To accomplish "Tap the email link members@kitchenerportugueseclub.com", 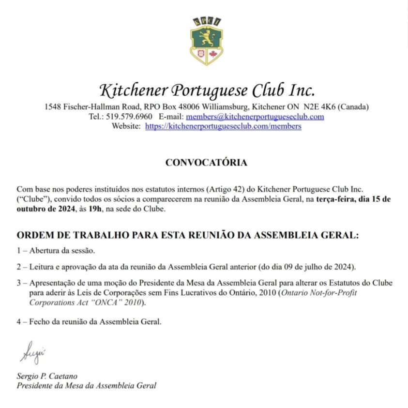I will tap(255, 117).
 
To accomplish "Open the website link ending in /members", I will tap(223, 126).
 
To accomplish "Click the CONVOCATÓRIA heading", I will tap(206, 163).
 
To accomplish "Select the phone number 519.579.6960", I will tap(128, 117).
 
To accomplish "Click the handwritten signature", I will tap(32, 352).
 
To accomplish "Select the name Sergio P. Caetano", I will tap(47, 376).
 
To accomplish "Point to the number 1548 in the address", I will tap(52, 106).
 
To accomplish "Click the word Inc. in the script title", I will tap(302, 90).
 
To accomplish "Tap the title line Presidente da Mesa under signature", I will tap(87, 386).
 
